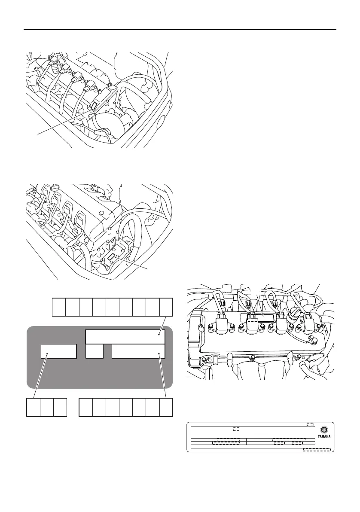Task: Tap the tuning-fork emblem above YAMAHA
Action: click(324, 430)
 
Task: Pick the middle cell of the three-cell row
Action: click(46, 407)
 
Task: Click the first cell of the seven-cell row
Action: click(86, 407)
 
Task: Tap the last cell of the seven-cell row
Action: click(166, 407)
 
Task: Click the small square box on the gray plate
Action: click(95, 351)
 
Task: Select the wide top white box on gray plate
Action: click(125, 337)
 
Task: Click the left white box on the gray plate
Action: click(59, 351)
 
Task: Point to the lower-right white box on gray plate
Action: click(138, 351)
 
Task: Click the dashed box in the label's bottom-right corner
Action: click(317, 450)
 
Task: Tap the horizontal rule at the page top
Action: click(180, 30)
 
